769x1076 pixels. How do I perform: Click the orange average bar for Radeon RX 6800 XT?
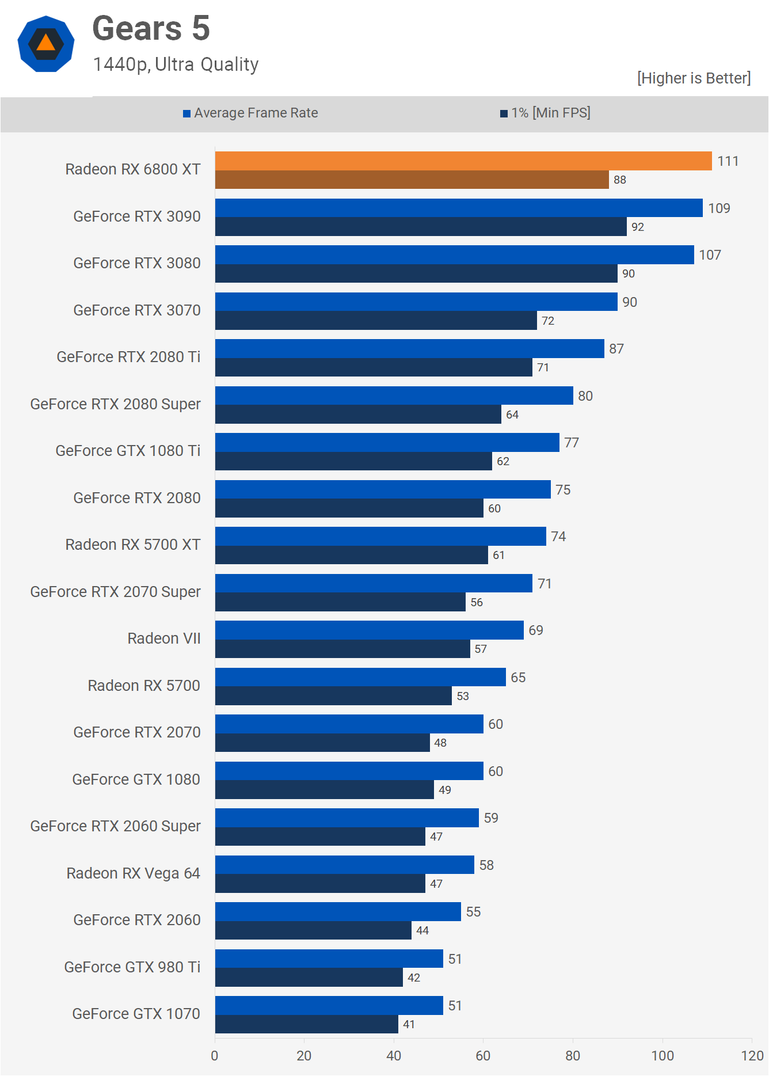click(x=463, y=161)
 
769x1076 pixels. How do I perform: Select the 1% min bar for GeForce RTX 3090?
click(x=421, y=227)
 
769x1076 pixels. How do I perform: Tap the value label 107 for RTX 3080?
click(x=710, y=255)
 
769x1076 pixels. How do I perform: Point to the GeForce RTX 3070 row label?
click(x=137, y=310)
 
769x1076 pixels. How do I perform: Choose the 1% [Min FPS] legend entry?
click(x=545, y=113)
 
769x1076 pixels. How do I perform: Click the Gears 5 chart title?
click(x=151, y=29)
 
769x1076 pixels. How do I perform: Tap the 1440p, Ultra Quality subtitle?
click(x=176, y=64)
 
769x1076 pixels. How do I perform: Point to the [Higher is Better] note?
click(x=694, y=78)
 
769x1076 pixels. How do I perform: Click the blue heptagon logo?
click(x=46, y=44)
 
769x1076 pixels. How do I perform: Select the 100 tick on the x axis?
click(x=662, y=1056)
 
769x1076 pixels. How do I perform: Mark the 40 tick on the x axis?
click(x=394, y=1056)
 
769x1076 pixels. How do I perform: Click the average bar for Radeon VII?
click(x=369, y=630)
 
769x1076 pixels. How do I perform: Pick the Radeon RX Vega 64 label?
click(x=133, y=873)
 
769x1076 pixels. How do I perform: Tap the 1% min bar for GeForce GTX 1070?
click(x=306, y=1024)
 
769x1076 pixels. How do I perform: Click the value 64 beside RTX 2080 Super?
click(x=512, y=415)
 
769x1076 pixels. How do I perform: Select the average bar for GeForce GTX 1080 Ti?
click(x=387, y=443)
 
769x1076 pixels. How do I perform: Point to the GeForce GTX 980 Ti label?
click(x=132, y=967)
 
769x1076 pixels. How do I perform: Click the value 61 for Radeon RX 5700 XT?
click(x=498, y=556)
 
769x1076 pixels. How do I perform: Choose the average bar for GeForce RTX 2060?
click(x=338, y=912)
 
